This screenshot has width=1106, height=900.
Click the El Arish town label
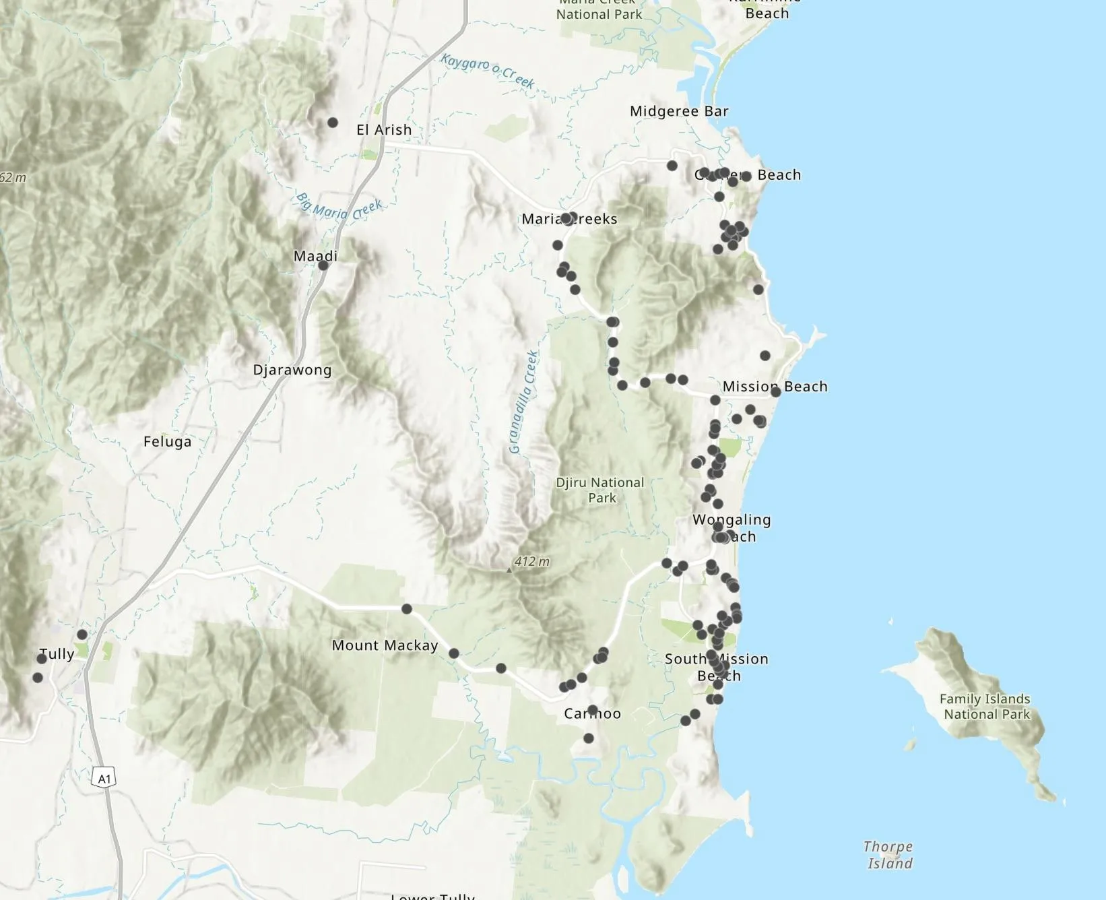click(x=383, y=129)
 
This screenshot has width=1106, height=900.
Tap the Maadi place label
click(x=315, y=256)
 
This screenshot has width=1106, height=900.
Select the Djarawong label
click(x=292, y=370)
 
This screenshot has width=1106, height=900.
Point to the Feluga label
click(x=167, y=442)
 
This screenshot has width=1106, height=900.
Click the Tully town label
click(x=57, y=654)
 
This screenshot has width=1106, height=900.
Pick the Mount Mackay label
click(x=385, y=645)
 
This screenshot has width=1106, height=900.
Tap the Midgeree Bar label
click(x=679, y=111)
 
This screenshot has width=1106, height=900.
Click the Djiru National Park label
click(x=600, y=490)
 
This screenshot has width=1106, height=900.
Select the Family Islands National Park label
click(x=986, y=707)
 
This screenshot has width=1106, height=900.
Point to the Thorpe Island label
click(x=889, y=855)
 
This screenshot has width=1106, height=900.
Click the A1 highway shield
click(x=104, y=779)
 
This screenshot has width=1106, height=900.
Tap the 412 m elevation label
click(x=531, y=561)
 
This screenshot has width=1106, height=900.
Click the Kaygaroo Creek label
click(x=488, y=71)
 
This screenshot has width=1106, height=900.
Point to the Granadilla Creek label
click(x=524, y=402)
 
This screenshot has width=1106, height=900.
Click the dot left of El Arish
click(x=333, y=123)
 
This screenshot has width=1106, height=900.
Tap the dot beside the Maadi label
click(x=323, y=265)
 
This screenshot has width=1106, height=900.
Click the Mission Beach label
click(x=775, y=387)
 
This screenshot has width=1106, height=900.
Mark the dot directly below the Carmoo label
click(x=589, y=738)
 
